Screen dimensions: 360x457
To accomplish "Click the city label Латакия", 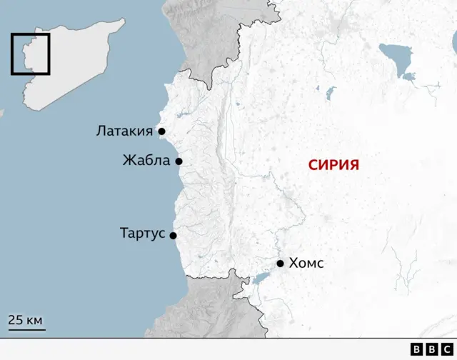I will click(x=125, y=131).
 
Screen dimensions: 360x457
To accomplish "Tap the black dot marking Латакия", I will click(x=162, y=131).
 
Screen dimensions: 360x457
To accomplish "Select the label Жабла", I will click(x=146, y=161).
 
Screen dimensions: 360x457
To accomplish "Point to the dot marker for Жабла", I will click(x=179, y=161).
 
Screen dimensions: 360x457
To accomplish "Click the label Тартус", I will click(x=143, y=234).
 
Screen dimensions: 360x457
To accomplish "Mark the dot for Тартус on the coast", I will click(x=173, y=235).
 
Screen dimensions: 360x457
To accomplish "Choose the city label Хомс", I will click(x=306, y=264).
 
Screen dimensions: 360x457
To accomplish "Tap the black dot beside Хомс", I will click(x=281, y=264).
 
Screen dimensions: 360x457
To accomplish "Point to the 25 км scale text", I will click(x=26, y=319).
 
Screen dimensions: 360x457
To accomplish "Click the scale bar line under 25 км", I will click(x=26, y=329).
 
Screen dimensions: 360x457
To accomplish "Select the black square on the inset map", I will click(x=30, y=54).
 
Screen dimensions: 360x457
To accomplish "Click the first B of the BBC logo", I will click(x=418, y=349).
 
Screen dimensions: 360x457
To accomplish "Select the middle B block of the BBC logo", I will click(x=431, y=349).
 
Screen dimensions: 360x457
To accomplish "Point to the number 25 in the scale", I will click(x=16, y=319).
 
